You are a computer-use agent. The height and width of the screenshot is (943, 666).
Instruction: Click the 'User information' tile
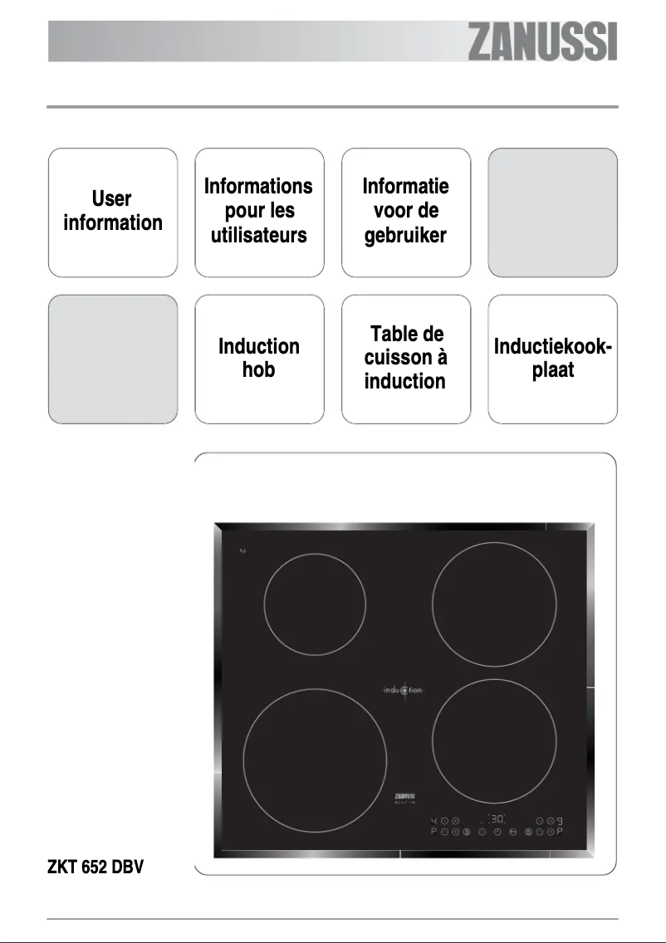113,212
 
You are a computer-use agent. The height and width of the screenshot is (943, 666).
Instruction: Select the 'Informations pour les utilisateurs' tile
258,212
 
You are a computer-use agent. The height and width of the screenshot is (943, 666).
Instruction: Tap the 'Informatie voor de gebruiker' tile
405,212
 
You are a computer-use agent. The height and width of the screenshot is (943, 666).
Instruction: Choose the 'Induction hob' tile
258,358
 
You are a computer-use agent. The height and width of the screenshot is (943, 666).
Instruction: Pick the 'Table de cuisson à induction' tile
405,358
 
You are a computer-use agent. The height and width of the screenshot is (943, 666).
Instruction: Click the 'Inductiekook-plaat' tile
552,358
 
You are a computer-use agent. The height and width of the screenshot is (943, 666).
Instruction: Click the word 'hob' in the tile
258,370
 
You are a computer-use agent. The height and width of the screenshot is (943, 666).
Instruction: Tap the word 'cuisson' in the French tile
405,358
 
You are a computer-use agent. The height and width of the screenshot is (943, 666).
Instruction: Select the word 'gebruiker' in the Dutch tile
405,236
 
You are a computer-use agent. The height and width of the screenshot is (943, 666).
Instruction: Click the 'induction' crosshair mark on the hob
404,689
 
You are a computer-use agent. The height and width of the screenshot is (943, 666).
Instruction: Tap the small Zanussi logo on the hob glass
405,797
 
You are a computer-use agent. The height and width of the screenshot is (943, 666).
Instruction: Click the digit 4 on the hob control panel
434,821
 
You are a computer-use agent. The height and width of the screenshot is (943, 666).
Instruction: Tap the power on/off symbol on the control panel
497,833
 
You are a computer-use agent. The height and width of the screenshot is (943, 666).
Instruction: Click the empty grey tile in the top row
552,212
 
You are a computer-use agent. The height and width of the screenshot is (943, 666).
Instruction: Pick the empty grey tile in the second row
113,358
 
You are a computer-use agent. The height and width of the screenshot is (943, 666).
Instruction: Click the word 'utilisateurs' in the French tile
258,236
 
